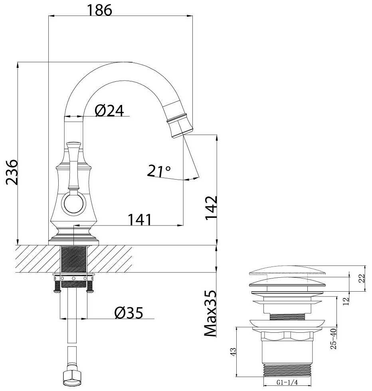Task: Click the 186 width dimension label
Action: point(99,10)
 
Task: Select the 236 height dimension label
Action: point(12,172)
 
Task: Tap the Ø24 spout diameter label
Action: point(109,111)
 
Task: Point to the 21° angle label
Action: point(159,171)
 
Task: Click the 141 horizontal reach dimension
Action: point(139,219)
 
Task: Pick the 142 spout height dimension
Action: point(211,208)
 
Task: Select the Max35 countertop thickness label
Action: point(210,314)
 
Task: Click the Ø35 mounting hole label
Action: point(129,313)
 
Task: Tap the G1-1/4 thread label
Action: point(287,382)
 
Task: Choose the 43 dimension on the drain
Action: point(233,352)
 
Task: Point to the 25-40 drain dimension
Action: point(333,339)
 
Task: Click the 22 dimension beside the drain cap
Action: point(362,278)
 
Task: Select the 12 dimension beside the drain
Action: point(346,302)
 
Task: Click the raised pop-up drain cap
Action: point(287,271)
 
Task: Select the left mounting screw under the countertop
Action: point(57,287)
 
